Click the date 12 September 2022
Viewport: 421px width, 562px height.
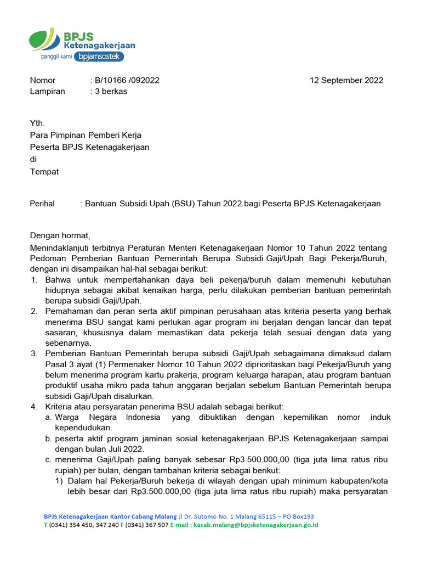coord(346,80)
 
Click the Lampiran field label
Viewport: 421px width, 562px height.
coord(47,91)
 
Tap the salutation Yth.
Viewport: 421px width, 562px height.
coord(37,123)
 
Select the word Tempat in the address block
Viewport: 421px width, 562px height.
coord(44,171)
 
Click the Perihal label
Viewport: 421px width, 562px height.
coord(42,204)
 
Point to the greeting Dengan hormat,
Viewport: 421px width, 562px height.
coord(59,235)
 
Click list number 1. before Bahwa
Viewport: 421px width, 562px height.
coord(34,280)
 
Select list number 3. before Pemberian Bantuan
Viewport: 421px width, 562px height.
coord(34,354)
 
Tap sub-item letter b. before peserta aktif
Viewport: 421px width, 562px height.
coord(49,439)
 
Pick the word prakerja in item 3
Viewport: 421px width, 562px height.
coord(186,375)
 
